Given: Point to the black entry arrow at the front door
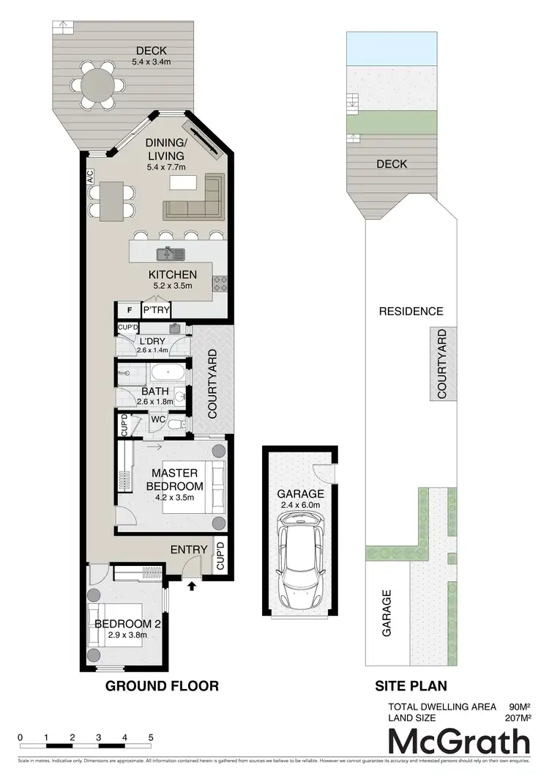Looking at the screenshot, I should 193,586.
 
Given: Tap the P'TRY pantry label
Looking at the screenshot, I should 155,311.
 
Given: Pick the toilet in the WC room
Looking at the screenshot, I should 176,424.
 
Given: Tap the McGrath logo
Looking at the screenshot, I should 459,742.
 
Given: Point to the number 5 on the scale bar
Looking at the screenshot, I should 150,737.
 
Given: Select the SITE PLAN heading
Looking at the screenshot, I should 411,686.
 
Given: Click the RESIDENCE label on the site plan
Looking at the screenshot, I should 411,311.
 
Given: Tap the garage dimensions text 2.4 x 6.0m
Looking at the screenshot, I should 299,504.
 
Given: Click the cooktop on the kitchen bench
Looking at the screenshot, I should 219,284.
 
